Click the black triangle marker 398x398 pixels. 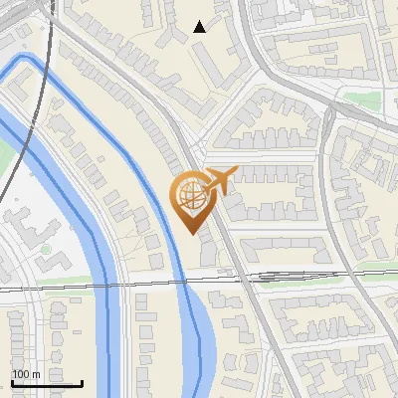pos(200,27)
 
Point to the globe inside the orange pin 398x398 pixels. pos(191,198)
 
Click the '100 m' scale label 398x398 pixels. pos(26,373)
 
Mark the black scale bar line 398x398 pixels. pos(46,383)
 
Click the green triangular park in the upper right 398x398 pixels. pos(358,97)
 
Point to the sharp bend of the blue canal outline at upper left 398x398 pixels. pos(30,62)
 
